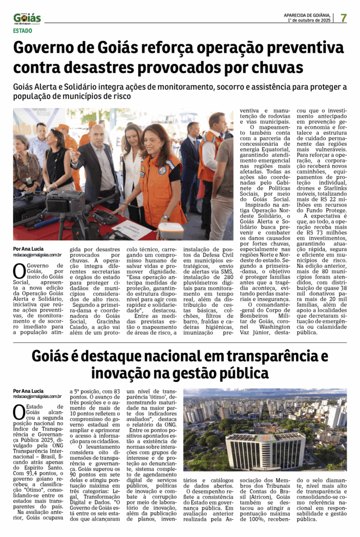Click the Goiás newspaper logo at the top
pyautogui.click(x=27, y=18)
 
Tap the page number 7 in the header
pyautogui.click(x=343, y=18)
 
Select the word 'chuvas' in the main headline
pyautogui.click(x=281, y=68)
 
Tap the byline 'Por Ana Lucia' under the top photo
pyautogui.click(x=28, y=249)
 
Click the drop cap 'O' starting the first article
pyautogui.click(x=19, y=271)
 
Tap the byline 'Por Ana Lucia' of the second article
pyautogui.click(x=28, y=391)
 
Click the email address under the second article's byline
pyautogui.click(x=37, y=397)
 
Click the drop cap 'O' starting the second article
pyautogui.click(x=19, y=412)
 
